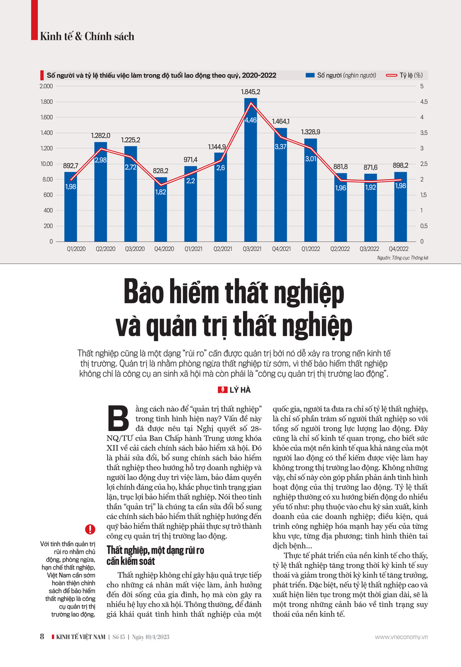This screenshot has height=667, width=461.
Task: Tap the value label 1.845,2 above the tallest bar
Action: coord(250,92)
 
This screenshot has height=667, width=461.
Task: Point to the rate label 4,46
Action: coord(250,120)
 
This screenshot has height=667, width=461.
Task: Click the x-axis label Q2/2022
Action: coord(340,249)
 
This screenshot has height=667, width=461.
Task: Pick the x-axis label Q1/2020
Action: coord(76,249)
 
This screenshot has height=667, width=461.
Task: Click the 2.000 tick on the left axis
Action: coord(46,86)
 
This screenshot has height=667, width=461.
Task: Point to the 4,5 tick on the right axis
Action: coord(423,102)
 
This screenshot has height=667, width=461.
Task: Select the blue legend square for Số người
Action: coord(310,75)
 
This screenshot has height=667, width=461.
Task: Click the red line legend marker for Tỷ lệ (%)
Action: coord(391,75)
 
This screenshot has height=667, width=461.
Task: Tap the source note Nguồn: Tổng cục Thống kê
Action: coord(402,258)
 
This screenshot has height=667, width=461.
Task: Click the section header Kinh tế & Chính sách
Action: coord(87,36)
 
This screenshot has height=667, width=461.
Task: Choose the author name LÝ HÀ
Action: coord(240,390)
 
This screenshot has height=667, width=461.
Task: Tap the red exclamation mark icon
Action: coord(90,529)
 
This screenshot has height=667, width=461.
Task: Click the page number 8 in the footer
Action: coord(42,637)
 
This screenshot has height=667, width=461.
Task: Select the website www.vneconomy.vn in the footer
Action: coord(401,637)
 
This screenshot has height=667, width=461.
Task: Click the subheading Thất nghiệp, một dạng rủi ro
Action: coord(155,550)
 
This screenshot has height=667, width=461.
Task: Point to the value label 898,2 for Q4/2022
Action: coord(400,165)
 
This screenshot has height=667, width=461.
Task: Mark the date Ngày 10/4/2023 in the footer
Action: coord(151,637)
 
